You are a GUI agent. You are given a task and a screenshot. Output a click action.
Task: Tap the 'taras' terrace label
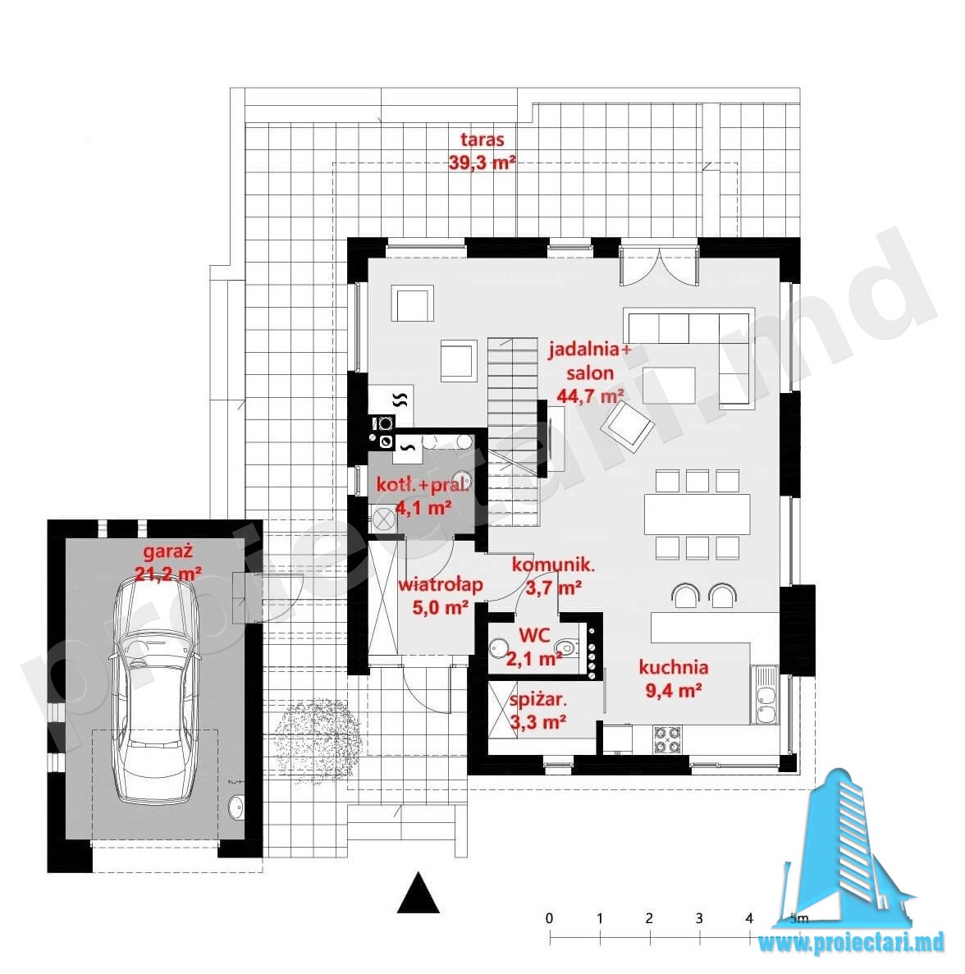coord(483,139)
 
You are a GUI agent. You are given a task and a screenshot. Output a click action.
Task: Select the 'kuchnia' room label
coord(674,667)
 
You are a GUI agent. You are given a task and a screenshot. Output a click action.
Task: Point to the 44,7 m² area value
coord(590,396)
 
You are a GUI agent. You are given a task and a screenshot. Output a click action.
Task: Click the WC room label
coord(534,635)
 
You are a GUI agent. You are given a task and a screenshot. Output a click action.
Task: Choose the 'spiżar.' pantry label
coord(538,701)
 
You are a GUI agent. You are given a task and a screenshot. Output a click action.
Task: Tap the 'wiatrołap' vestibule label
coord(441,584)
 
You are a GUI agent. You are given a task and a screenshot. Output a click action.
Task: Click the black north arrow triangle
coord(418,893)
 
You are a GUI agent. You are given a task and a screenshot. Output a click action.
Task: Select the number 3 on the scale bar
coord(699,918)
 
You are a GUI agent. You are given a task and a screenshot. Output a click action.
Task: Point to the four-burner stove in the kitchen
coord(666,740)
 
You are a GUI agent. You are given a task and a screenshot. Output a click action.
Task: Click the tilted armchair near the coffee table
coord(628,425)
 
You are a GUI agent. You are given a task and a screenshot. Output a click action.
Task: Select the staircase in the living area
coord(512,432)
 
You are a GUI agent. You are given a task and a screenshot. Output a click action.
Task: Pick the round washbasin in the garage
coord(236,807)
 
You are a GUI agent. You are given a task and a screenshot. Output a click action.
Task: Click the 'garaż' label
coord(168,551)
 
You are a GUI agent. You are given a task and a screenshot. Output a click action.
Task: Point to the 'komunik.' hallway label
coord(554,565)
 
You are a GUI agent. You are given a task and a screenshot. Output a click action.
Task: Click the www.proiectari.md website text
coord(851,942)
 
